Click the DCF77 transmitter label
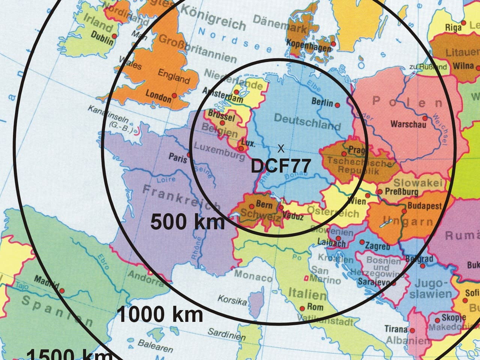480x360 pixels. pos(280,165)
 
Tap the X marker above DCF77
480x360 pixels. pos(281,148)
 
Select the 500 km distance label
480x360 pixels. pos(187,222)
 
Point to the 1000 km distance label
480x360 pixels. pos(160,314)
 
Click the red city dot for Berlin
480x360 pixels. pos(337,105)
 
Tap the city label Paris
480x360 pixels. pos(178,157)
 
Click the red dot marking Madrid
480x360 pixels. pos(62,291)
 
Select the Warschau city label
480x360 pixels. pos(408,124)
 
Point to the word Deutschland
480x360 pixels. pos(307,121)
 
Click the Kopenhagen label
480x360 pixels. pos(309,45)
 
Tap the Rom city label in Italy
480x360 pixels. pos(315,307)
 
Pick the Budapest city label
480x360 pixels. pos(424,206)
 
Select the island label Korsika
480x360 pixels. pos(232,300)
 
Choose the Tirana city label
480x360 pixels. pos(396,329)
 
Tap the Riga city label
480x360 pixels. pos(453,27)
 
